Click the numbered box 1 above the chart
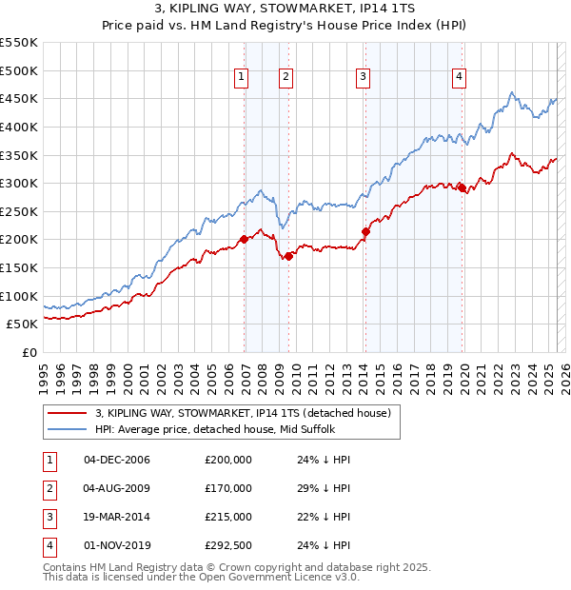241,78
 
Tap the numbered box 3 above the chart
363,78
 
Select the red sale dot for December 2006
244,239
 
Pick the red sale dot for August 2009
288,255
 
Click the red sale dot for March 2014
365,230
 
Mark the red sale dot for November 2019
462,187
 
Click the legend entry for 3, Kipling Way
243,413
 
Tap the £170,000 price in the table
228,488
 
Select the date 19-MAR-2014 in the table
118,517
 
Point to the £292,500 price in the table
228,545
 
